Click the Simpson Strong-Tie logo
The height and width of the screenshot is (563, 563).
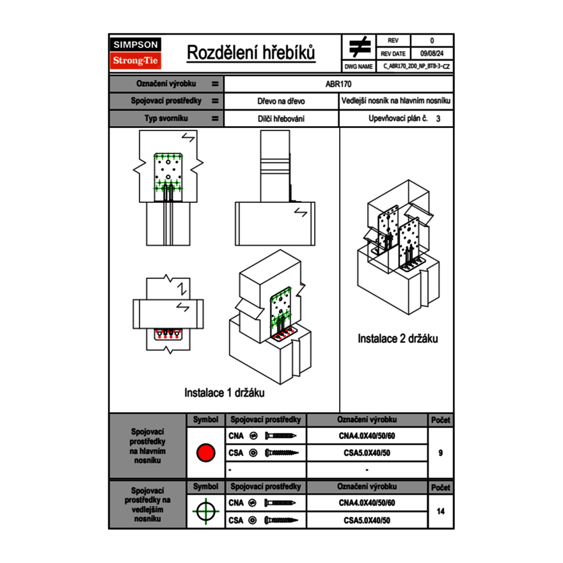(x=136, y=53)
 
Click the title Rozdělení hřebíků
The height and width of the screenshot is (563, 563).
(x=251, y=52)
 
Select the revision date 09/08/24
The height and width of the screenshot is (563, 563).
(x=431, y=54)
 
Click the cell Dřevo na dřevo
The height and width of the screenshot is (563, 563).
(x=281, y=101)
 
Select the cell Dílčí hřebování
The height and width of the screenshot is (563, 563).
(x=281, y=118)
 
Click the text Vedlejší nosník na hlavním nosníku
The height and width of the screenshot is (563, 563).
(x=396, y=101)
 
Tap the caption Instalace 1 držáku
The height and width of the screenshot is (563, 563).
(x=225, y=392)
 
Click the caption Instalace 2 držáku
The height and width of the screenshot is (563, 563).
(x=397, y=338)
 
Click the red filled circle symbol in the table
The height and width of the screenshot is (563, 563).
(x=205, y=453)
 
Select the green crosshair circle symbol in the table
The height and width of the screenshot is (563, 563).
(x=205, y=511)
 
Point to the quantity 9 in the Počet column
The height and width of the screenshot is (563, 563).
(x=440, y=453)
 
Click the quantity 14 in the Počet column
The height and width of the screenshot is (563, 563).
(x=440, y=511)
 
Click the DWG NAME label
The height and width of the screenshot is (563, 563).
(x=359, y=66)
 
